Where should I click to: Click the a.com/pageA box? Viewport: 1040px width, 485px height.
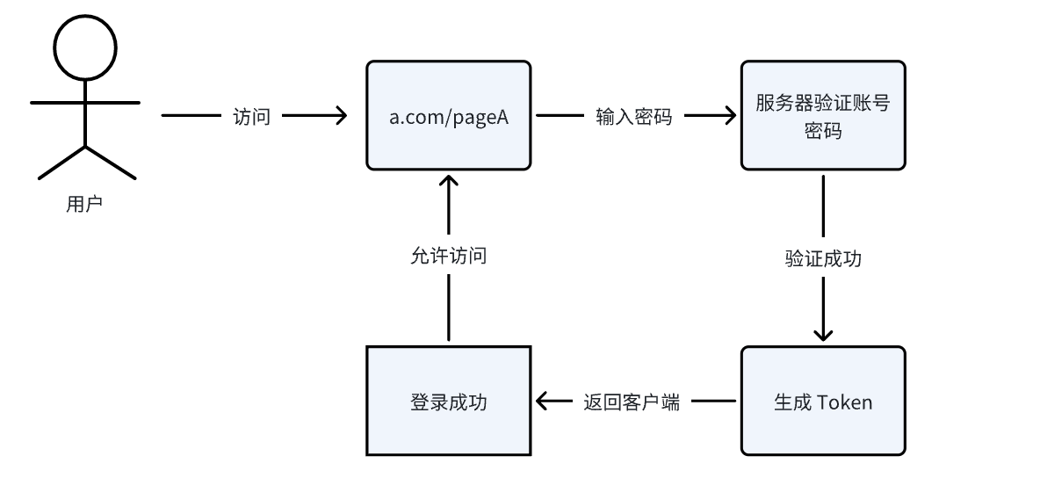[449, 115]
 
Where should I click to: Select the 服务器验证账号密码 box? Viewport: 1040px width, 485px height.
[822, 115]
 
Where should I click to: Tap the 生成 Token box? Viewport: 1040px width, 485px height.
[822, 401]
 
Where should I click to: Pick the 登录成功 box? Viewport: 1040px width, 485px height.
[449, 401]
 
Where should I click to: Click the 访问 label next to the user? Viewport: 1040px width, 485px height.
[251, 116]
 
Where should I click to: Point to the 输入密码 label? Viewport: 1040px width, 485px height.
[634, 116]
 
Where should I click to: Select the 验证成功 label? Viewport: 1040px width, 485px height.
[823, 259]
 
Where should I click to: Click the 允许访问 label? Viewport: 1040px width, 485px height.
[449, 257]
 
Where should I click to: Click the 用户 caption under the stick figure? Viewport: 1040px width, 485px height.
[84, 205]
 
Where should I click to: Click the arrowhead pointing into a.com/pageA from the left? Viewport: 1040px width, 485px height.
[340, 115]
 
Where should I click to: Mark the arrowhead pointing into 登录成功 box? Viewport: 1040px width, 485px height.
[543, 402]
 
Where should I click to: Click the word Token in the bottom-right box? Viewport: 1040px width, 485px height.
[845, 402]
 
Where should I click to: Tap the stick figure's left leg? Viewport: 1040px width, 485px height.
[59, 163]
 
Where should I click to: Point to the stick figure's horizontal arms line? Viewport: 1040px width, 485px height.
[84, 103]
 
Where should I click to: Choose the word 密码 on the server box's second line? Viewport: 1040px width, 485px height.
[823, 131]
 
